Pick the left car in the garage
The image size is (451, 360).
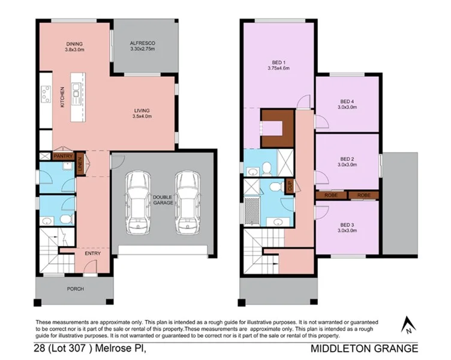(140, 203)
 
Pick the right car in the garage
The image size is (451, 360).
(188, 203)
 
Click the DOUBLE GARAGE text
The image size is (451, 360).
(163, 200)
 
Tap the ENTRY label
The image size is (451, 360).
(92, 253)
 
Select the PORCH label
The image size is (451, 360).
(75, 289)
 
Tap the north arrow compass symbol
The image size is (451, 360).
(408, 325)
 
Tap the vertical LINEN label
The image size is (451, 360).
(80, 163)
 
